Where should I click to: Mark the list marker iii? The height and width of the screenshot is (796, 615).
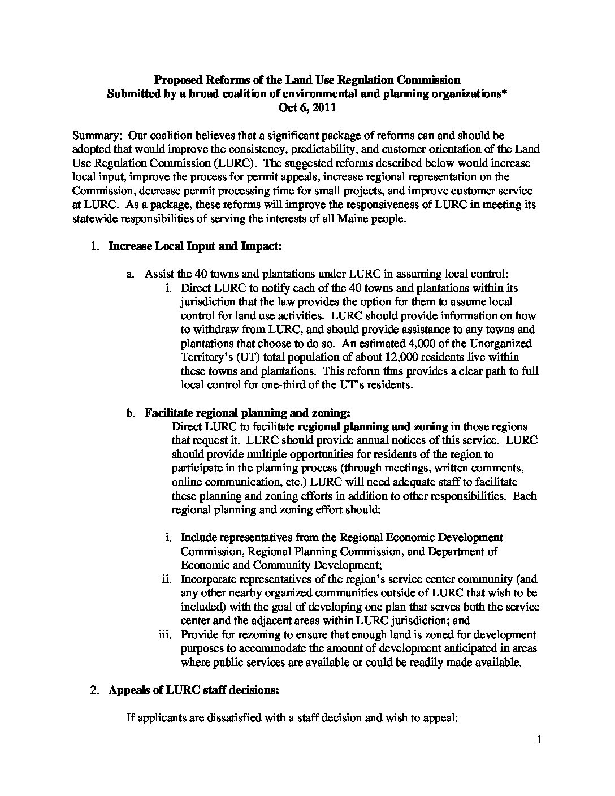point(164,635)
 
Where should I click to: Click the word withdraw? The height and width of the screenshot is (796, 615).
point(216,330)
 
